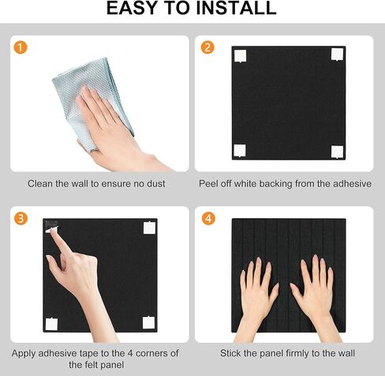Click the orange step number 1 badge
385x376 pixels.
(x=20, y=47)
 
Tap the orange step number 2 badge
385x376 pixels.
(x=207, y=47)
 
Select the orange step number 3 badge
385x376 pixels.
(x=20, y=218)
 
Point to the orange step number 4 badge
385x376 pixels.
(x=207, y=218)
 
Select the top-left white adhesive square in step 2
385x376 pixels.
(x=241, y=55)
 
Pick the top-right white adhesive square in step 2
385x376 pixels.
(x=337, y=54)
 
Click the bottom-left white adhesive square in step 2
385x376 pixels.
(x=240, y=150)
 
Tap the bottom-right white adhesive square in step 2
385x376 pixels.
(x=337, y=151)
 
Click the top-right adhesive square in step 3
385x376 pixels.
(x=149, y=227)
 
